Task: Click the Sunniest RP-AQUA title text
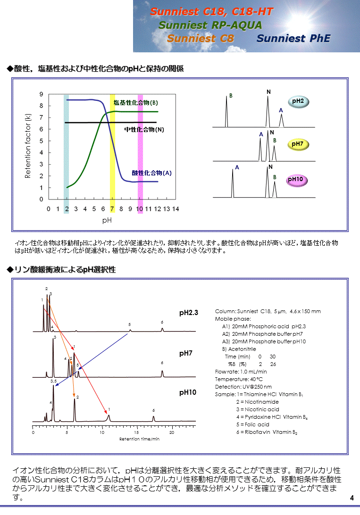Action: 210,25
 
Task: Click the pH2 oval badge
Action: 298,101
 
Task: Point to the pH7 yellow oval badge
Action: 297,144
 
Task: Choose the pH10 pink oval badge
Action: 297,180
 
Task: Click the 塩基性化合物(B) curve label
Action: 135,103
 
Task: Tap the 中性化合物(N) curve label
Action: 144,129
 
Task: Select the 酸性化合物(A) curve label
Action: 151,173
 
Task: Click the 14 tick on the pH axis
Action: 176,208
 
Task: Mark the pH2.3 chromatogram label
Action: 189,313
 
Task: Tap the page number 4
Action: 352,498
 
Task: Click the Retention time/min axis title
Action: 139,439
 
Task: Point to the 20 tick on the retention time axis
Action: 171,432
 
